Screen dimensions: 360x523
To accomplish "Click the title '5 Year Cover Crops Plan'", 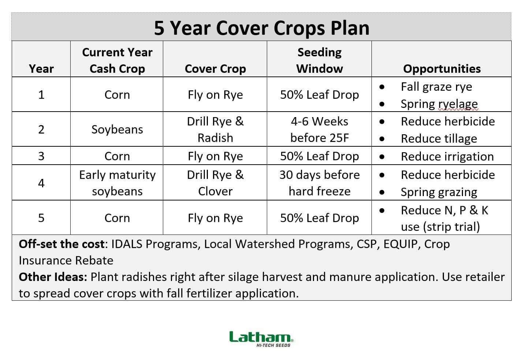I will tap(261, 28).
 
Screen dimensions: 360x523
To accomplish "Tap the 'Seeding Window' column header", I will tap(320, 60).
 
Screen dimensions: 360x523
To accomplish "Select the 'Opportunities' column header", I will tap(442, 68).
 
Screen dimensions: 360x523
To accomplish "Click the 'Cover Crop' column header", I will tap(215, 68).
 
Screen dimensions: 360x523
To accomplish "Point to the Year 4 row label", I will tap(41, 183).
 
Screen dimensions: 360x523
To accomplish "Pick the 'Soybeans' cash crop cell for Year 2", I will tap(117, 130).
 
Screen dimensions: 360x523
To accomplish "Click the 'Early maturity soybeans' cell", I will tap(117, 183).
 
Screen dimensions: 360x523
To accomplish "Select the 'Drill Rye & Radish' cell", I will tap(215, 130).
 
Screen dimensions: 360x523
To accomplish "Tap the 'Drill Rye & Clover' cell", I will tap(215, 183).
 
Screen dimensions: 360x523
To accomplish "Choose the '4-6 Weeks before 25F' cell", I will tap(320, 130).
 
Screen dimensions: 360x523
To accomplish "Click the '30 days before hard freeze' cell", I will tap(320, 183).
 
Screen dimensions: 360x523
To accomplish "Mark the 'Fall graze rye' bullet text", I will tap(436, 87).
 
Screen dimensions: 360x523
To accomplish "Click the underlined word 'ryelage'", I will tap(458, 104).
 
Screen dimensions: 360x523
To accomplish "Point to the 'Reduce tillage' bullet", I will tap(439, 139).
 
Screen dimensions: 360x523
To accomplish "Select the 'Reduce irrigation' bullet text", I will tap(447, 157).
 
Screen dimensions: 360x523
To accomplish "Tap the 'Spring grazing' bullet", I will tap(439, 192).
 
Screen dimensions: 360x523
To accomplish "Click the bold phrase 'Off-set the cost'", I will tap(62, 244).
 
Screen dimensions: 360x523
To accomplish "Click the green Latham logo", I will tap(261, 339).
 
